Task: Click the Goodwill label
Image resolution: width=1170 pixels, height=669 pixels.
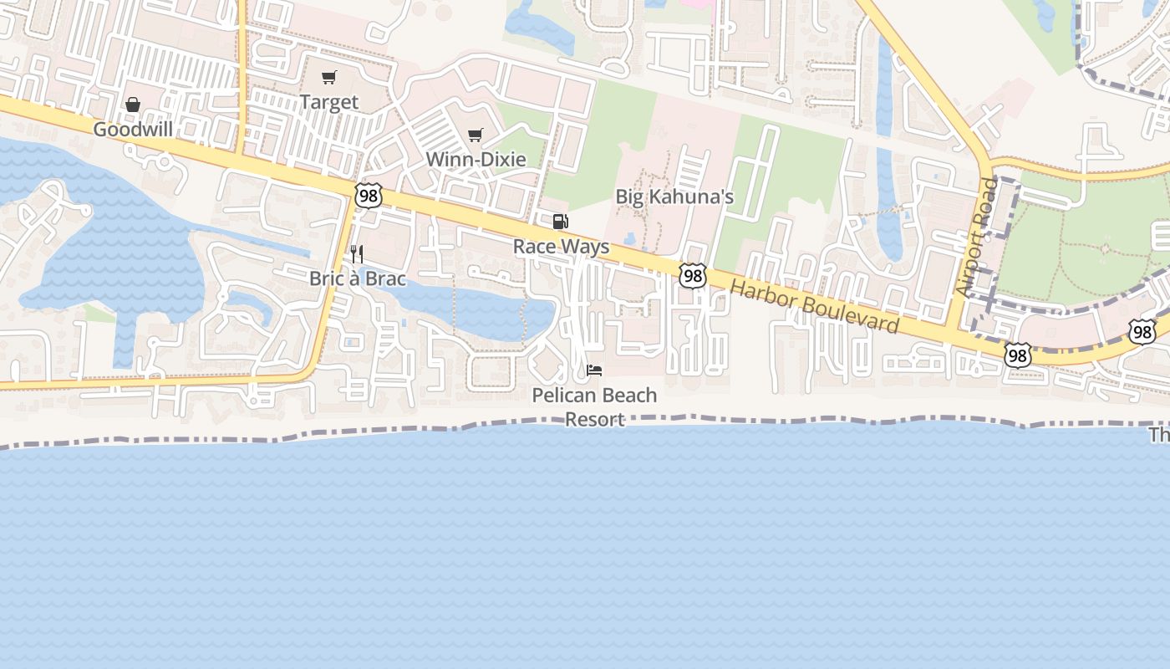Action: pyautogui.click(x=133, y=130)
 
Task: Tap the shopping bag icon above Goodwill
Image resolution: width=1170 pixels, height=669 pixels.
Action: pyautogui.click(x=133, y=105)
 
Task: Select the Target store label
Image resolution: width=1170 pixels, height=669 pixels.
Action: pyautogui.click(x=329, y=103)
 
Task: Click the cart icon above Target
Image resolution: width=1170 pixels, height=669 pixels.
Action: pyautogui.click(x=329, y=78)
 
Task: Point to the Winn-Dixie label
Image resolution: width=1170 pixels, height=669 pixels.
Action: pyautogui.click(x=476, y=159)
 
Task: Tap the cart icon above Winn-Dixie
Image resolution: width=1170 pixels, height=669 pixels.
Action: pyautogui.click(x=476, y=135)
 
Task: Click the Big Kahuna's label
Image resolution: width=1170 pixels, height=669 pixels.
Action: pyautogui.click(x=674, y=197)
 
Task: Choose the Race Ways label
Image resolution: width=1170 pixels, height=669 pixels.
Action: pyautogui.click(x=561, y=247)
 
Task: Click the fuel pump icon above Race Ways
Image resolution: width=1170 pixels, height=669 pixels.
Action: pyautogui.click(x=561, y=222)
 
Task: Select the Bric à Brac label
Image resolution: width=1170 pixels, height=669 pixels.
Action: pyautogui.click(x=358, y=278)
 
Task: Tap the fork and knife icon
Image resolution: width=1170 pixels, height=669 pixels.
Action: pyautogui.click(x=357, y=254)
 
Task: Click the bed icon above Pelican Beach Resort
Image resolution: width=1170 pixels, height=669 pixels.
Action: pyautogui.click(x=594, y=370)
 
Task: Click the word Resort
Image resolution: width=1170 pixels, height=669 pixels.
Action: pyautogui.click(x=594, y=419)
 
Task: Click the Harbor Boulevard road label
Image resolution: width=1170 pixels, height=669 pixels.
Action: pyautogui.click(x=814, y=307)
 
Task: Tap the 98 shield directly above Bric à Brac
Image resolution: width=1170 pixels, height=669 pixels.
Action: pyautogui.click(x=368, y=195)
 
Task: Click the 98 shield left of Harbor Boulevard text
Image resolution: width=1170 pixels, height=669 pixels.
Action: pyautogui.click(x=693, y=275)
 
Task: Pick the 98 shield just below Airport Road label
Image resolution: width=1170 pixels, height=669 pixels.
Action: pyautogui.click(x=1017, y=355)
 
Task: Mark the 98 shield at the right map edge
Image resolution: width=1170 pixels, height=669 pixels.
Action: pyautogui.click(x=1142, y=331)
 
